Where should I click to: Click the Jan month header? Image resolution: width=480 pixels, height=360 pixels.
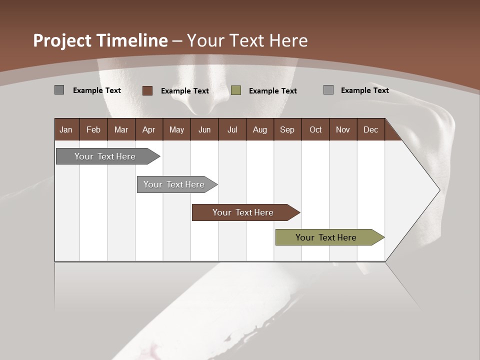pyautogui.click(x=66, y=130)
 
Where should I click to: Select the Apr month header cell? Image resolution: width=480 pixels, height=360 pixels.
pyautogui.click(x=148, y=130)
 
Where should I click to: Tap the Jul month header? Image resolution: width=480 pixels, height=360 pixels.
pyautogui.click(x=232, y=130)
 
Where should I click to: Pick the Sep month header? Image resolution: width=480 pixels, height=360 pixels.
pyautogui.click(x=287, y=130)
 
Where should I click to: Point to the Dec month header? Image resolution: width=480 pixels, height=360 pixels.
pyautogui.click(x=370, y=130)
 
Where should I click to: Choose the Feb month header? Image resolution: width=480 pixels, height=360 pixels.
pyautogui.click(x=93, y=130)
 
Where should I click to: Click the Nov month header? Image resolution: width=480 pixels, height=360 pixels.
pyautogui.click(x=343, y=130)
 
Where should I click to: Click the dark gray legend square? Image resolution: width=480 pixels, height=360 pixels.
pyautogui.click(x=59, y=90)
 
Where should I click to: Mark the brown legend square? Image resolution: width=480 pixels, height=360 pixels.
pyautogui.click(x=147, y=90)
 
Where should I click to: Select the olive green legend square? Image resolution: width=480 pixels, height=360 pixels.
pyautogui.click(x=236, y=90)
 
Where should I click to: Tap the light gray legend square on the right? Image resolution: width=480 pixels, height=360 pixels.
pyautogui.click(x=328, y=90)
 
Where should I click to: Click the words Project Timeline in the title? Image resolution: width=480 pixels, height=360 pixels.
pyautogui.click(x=100, y=40)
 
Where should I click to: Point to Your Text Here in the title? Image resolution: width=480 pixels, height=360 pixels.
pyautogui.click(x=247, y=40)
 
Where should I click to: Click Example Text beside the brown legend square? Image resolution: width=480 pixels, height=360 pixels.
pyautogui.click(x=185, y=91)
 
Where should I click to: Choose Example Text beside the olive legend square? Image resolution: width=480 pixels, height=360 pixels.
pyautogui.click(x=273, y=91)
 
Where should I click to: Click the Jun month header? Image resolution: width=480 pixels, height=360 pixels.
pyautogui.click(x=204, y=130)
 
